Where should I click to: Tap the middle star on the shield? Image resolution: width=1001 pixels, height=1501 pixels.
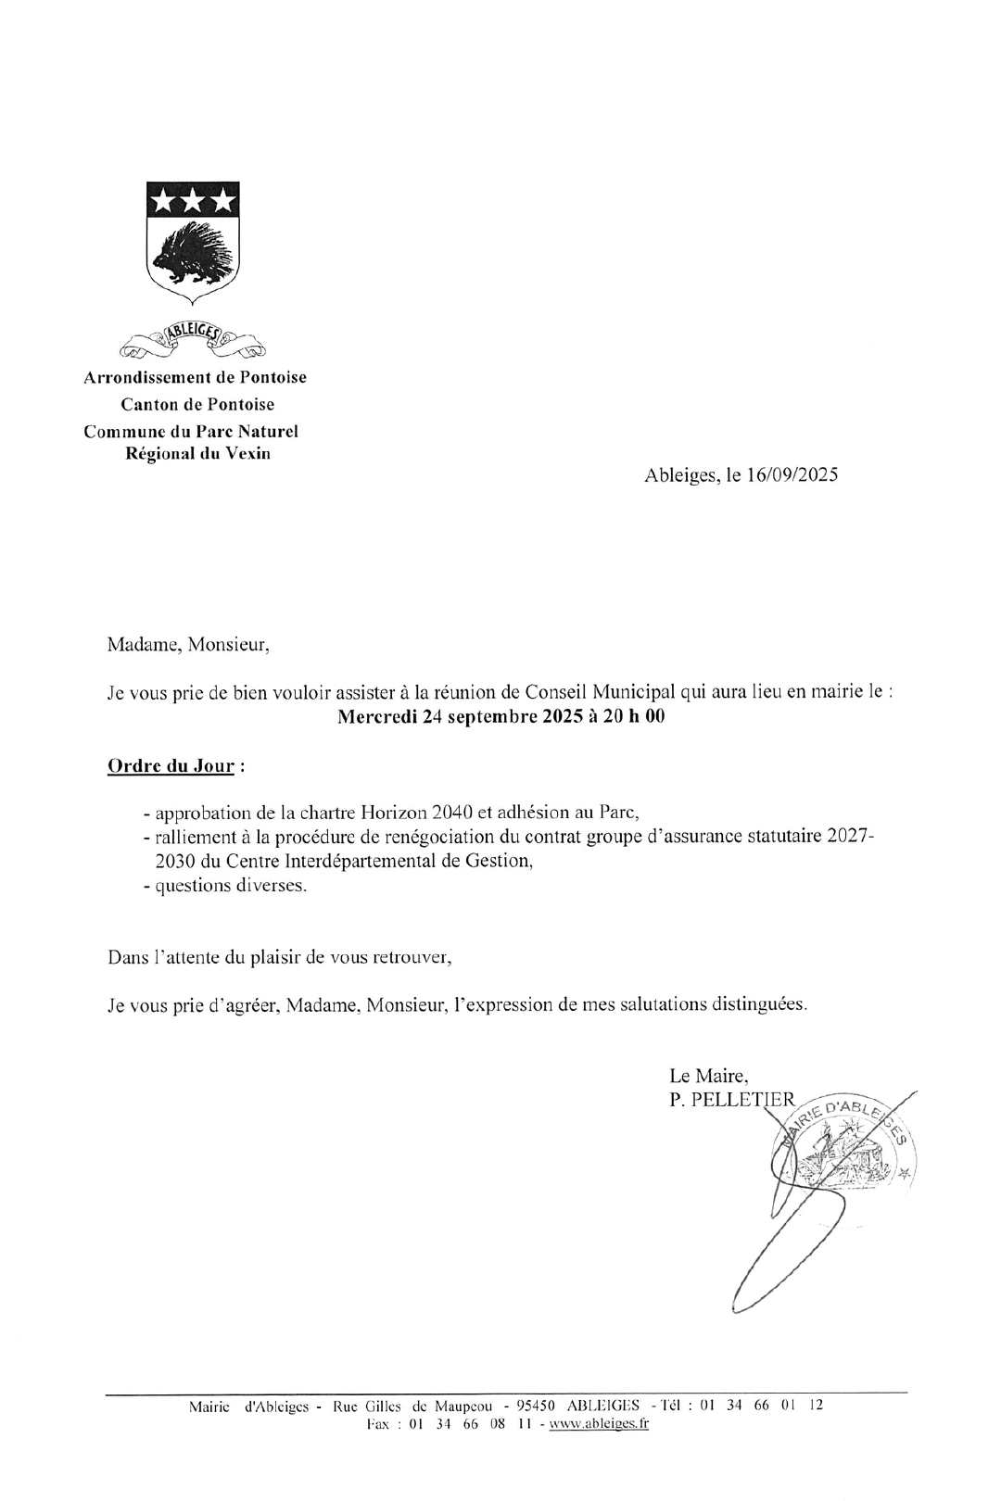(x=193, y=199)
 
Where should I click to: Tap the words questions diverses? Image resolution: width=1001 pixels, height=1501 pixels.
(x=231, y=885)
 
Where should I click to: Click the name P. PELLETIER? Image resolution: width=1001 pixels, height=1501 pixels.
(x=731, y=1100)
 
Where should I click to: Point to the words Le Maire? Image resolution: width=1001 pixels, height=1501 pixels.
(x=708, y=1076)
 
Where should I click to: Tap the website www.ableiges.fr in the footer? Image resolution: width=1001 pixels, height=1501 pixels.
(x=599, y=1424)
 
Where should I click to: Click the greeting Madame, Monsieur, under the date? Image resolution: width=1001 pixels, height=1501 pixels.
(x=188, y=645)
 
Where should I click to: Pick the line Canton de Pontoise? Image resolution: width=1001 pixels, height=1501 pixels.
(x=197, y=405)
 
